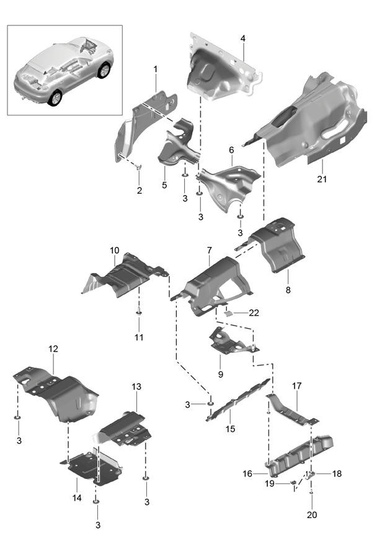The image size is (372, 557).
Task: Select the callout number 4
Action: pyautogui.click(x=243, y=38)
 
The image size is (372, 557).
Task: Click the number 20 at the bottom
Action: pyautogui.click(x=311, y=514)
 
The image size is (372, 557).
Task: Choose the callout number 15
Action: pyautogui.click(x=231, y=428)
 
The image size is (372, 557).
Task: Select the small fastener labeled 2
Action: pyautogui.click(x=138, y=167)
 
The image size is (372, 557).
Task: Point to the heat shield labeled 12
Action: pyautogui.click(x=62, y=393)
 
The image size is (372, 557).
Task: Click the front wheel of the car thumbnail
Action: pyautogui.click(x=56, y=98)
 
